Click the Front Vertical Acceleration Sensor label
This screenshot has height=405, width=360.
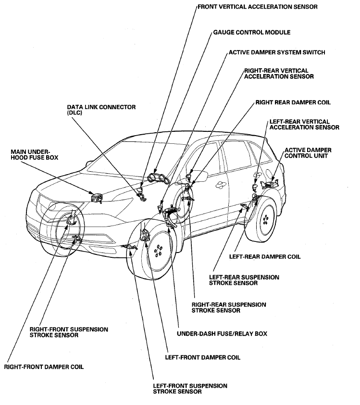[x=258, y=7]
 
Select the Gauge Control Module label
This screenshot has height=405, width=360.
[x=251, y=33]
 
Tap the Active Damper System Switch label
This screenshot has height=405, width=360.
[x=277, y=52]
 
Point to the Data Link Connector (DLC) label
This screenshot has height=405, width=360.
[x=101, y=110]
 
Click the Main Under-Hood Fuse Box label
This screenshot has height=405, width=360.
[x=34, y=154]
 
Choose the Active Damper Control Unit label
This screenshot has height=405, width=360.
[x=308, y=153]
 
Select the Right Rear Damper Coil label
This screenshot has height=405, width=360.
[x=293, y=102]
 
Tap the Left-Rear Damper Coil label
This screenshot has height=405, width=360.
[x=265, y=257]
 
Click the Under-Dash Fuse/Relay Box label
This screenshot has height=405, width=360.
[x=222, y=334]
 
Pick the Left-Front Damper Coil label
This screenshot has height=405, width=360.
[x=202, y=357]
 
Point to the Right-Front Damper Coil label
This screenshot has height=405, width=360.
[x=44, y=367]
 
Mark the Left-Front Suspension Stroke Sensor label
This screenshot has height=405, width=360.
[x=190, y=389]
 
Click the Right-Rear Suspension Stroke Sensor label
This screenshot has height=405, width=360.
[x=229, y=307]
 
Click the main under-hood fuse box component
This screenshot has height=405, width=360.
[x=97, y=198]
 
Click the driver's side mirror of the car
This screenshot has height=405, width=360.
[x=200, y=177]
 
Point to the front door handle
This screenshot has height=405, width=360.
[x=220, y=184]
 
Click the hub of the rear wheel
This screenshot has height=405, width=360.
[x=265, y=220]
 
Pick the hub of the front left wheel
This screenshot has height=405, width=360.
[x=158, y=251]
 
